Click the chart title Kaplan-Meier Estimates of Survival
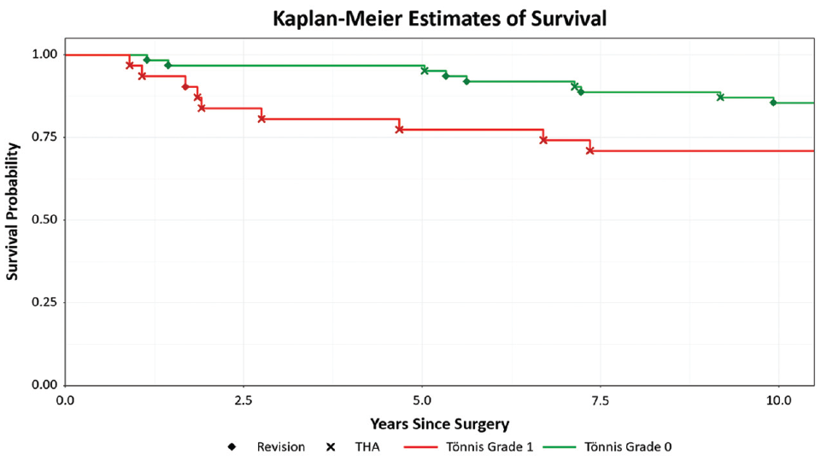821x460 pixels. [439, 18]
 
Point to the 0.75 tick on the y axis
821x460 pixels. [44, 137]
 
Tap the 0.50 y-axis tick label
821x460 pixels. [44, 220]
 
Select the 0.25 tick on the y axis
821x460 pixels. [44, 302]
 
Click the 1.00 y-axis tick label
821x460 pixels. [44, 55]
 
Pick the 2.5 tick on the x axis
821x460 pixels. [243, 400]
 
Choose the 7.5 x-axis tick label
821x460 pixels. [600, 400]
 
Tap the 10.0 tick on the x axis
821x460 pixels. [778, 400]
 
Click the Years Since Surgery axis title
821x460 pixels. [439, 424]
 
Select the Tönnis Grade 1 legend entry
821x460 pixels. [469, 447]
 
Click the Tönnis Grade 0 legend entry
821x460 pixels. [607, 447]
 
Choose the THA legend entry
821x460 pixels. [353, 447]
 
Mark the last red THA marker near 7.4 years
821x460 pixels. [590, 151]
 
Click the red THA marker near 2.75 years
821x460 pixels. [261, 119]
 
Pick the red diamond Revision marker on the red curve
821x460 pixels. [185, 87]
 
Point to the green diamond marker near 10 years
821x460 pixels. [773, 102]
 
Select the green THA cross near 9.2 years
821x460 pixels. [720, 97]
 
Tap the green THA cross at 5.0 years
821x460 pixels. [425, 71]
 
